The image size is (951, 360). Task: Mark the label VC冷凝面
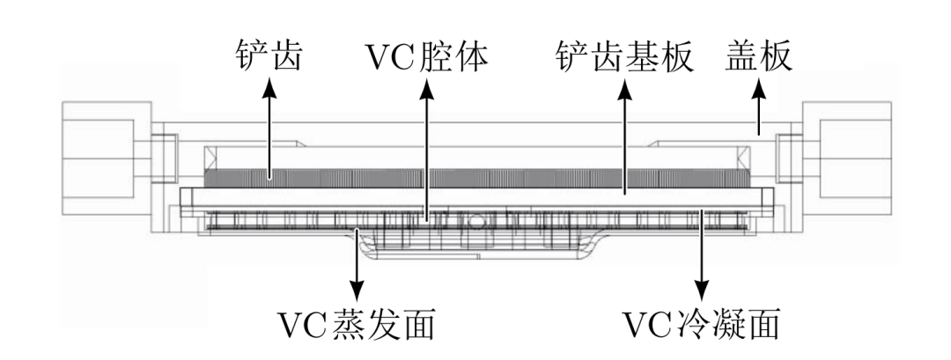click(x=703, y=325)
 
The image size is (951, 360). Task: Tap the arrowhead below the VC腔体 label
click(x=426, y=87)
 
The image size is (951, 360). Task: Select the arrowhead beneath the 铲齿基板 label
click(x=623, y=87)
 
